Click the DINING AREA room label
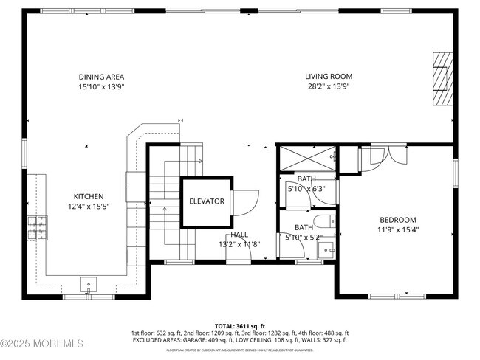click(x=101, y=77)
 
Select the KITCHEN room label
click(x=88, y=196)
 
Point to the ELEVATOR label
click(x=206, y=201)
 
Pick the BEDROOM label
click(x=398, y=220)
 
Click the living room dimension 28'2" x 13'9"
click(x=329, y=86)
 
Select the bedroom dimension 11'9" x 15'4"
click(x=398, y=229)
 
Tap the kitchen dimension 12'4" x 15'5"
click(x=88, y=206)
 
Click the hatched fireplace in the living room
click(x=441, y=79)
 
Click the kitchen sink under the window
click(x=89, y=283)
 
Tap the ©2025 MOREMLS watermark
click(x=42, y=344)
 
